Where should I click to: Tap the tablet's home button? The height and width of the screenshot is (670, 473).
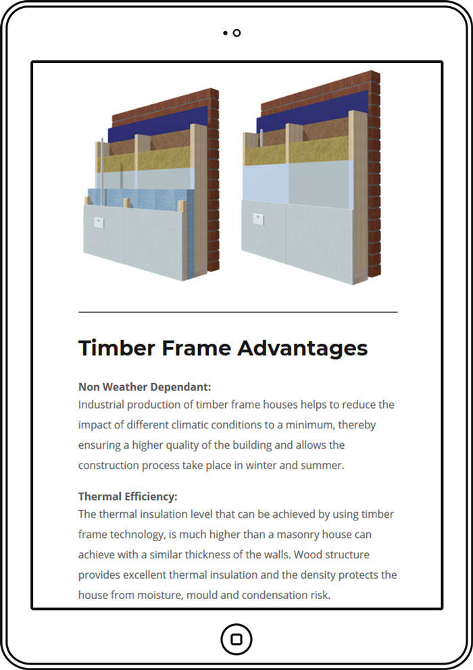pos(236,640)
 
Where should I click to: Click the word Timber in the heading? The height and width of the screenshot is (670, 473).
pos(117,348)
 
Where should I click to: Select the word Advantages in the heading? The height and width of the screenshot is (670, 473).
pos(303,349)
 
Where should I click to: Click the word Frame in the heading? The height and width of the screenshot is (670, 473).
pos(196,348)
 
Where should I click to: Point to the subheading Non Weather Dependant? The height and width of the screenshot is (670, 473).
pos(145,387)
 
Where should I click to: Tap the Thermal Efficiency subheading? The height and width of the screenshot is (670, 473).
pos(128,497)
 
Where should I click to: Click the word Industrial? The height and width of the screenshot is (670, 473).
pos(101,405)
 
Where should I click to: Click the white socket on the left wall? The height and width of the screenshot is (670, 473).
pos(99,223)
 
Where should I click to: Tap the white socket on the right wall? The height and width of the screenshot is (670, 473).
pos(259,219)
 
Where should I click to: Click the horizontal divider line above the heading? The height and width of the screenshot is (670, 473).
pos(238,313)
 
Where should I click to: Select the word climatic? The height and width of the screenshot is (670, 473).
pos(190,425)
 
